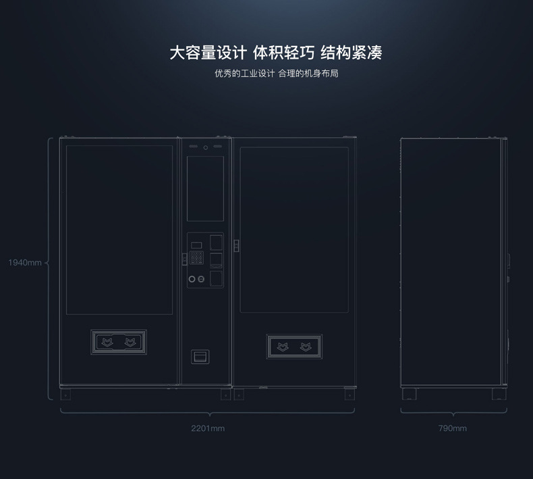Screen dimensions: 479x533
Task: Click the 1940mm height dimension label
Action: [25, 263]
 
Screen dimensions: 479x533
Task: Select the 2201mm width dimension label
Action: [208, 428]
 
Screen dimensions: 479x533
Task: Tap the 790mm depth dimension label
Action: [452, 428]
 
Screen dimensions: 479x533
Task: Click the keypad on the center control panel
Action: [196, 257]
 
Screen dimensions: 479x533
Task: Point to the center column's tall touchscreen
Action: [205, 188]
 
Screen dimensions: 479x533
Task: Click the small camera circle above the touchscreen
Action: [205, 147]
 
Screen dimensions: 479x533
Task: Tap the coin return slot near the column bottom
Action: [200, 355]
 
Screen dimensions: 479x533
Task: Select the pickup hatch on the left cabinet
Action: [119, 343]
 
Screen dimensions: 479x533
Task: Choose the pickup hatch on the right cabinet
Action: [294, 347]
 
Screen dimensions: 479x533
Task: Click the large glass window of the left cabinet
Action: [119, 229]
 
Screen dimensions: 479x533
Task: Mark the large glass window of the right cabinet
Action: [294, 230]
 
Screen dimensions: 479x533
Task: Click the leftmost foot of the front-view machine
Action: [67, 393]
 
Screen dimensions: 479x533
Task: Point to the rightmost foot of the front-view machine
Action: [349, 393]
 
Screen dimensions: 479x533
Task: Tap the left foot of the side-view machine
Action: [410, 393]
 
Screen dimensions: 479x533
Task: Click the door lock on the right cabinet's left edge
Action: [236, 245]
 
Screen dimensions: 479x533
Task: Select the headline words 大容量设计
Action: [208, 53]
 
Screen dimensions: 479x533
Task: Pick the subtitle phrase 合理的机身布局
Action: [308, 73]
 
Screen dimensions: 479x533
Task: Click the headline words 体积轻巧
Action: [283, 53]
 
